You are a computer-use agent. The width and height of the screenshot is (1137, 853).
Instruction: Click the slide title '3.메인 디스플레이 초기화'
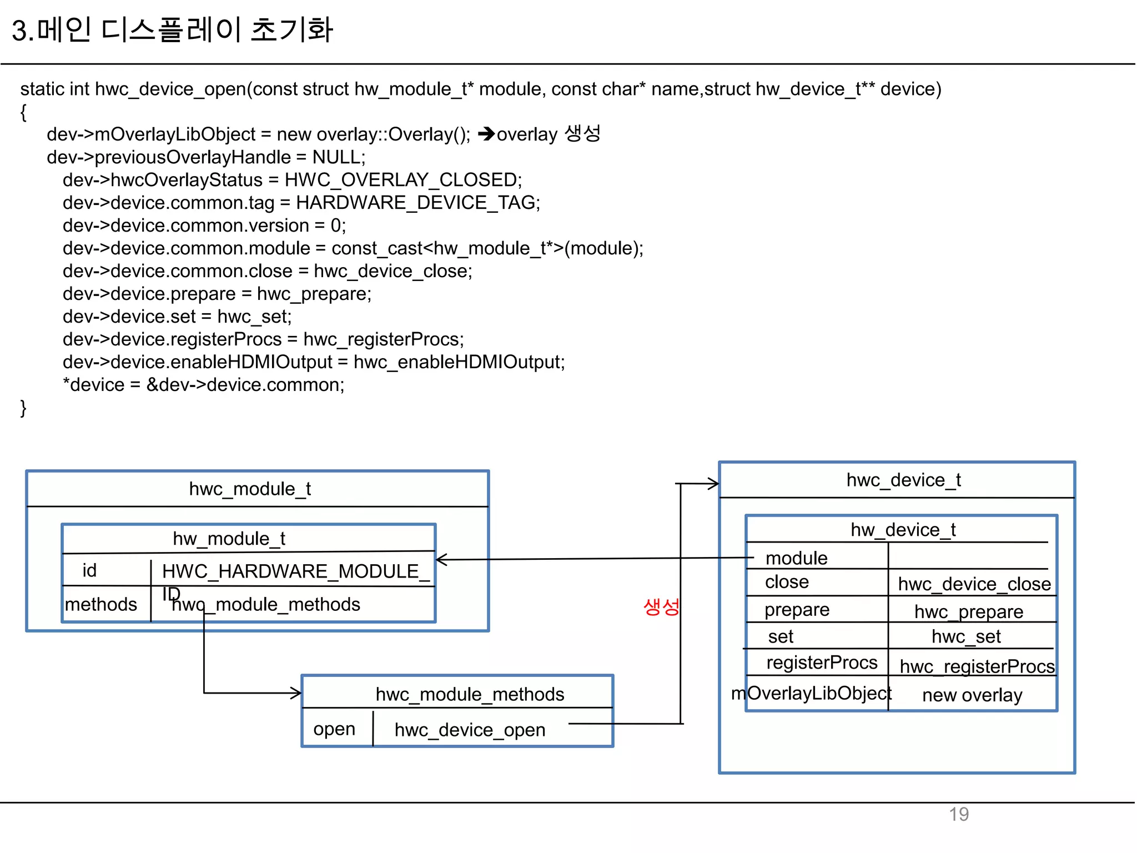click(x=172, y=30)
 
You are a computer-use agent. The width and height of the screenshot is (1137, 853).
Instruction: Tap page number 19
click(x=958, y=814)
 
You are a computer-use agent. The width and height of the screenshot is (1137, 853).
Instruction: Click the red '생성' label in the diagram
click(x=661, y=606)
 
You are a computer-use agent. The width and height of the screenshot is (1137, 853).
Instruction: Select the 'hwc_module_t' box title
click(x=250, y=489)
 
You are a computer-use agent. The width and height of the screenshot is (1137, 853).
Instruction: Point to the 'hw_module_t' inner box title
click(x=229, y=538)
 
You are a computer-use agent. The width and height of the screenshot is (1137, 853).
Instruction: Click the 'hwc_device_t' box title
click(x=903, y=480)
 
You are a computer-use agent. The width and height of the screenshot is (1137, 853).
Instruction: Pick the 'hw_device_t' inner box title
click(x=903, y=530)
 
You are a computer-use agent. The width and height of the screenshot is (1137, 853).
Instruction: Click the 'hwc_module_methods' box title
click(x=470, y=694)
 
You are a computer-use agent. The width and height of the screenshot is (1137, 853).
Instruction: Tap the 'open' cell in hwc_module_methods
click(x=334, y=729)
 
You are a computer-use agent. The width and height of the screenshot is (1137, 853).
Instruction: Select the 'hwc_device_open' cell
click(x=470, y=730)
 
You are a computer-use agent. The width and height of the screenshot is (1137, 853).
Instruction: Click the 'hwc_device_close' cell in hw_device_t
click(x=974, y=584)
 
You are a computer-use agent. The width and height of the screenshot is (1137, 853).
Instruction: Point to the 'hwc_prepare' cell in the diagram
click(x=969, y=611)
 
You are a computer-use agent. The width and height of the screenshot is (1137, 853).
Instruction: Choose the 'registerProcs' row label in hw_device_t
click(x=822, y=663)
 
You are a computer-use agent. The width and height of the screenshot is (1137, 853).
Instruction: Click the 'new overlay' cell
click(x=972, y=695)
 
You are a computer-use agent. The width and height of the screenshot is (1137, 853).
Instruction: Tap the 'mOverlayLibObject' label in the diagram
click(x=811, y=693)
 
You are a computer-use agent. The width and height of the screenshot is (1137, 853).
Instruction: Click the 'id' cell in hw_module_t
click(x=89, y=570)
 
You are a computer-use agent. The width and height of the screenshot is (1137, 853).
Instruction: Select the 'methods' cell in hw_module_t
click(x=100, y=604)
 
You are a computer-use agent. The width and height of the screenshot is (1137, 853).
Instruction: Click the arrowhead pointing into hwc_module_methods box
click(x=296, y=693)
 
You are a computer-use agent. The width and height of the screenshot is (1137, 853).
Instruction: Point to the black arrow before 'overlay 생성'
click(x=486, y=134)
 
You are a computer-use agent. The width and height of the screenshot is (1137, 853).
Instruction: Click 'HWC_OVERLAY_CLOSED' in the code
click(x=403, y=180)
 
